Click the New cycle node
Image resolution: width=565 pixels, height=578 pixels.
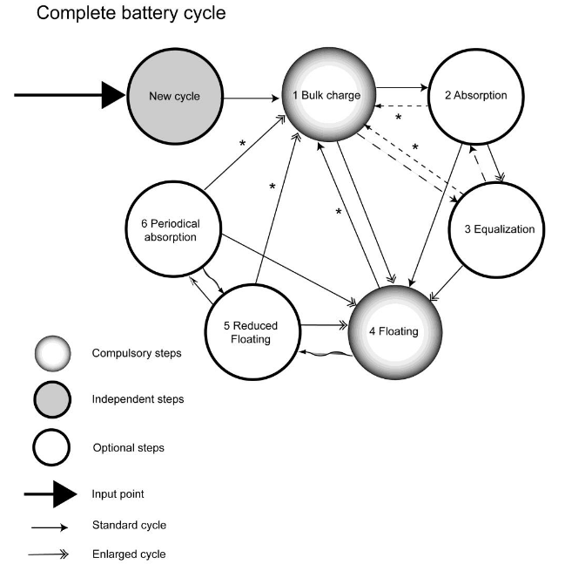174,96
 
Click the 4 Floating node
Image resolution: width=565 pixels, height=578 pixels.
395,331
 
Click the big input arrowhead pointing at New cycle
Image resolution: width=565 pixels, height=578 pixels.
113,94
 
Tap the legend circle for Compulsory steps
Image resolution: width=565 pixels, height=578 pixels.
51,354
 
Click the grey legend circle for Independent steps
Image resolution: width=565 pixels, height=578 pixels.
51,401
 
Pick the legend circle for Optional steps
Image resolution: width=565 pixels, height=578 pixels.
51,448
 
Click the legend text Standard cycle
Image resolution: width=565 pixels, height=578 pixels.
129,525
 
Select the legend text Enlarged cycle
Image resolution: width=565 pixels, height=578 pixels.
129,554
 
